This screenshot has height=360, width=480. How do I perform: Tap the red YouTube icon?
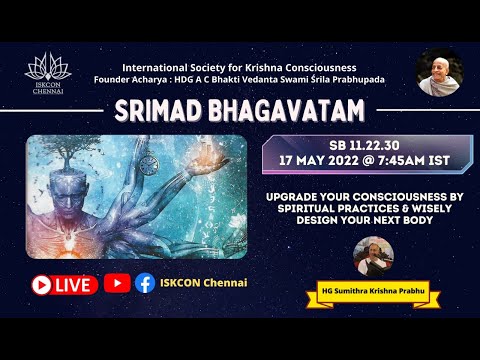(x=117, y=283)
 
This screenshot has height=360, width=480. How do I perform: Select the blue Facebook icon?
(x=145, y=283)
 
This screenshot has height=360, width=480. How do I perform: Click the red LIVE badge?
(x=64, y=284)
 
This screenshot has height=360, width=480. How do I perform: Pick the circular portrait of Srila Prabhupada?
(x=439, y=72)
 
